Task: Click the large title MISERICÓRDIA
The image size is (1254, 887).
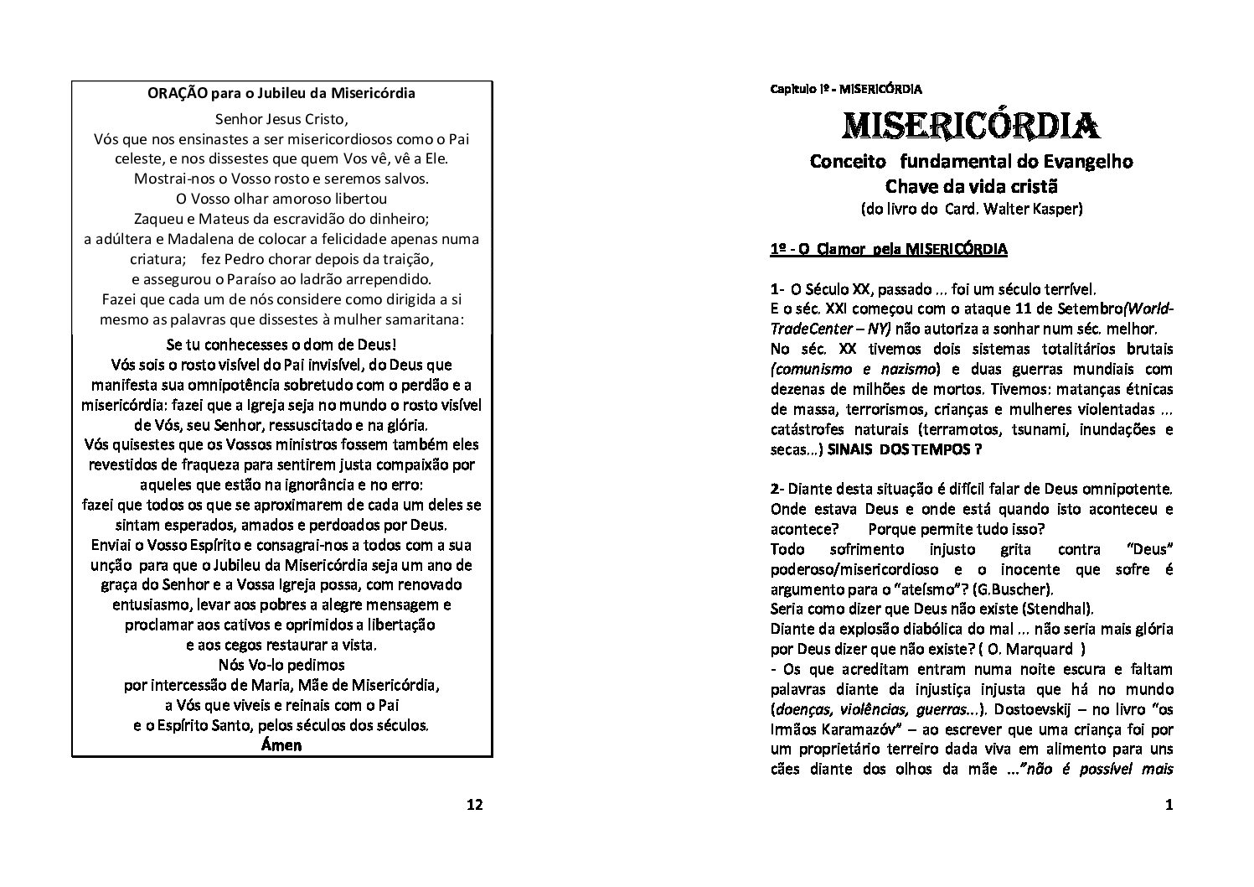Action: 971,126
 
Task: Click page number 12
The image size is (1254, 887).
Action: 474,806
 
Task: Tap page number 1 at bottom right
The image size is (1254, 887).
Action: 1169,806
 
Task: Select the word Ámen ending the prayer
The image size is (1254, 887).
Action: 281,744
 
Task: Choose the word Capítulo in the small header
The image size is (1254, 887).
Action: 792,88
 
